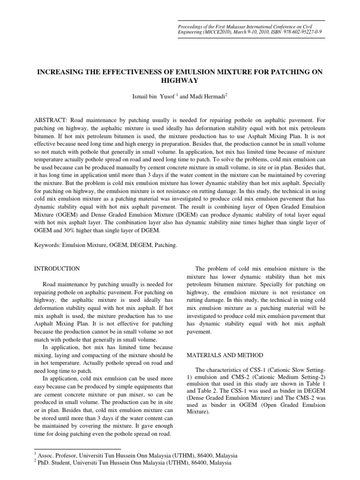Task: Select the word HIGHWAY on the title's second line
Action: point(180,80)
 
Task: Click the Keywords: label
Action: point(50,245)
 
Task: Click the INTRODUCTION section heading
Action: point(58,269)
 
